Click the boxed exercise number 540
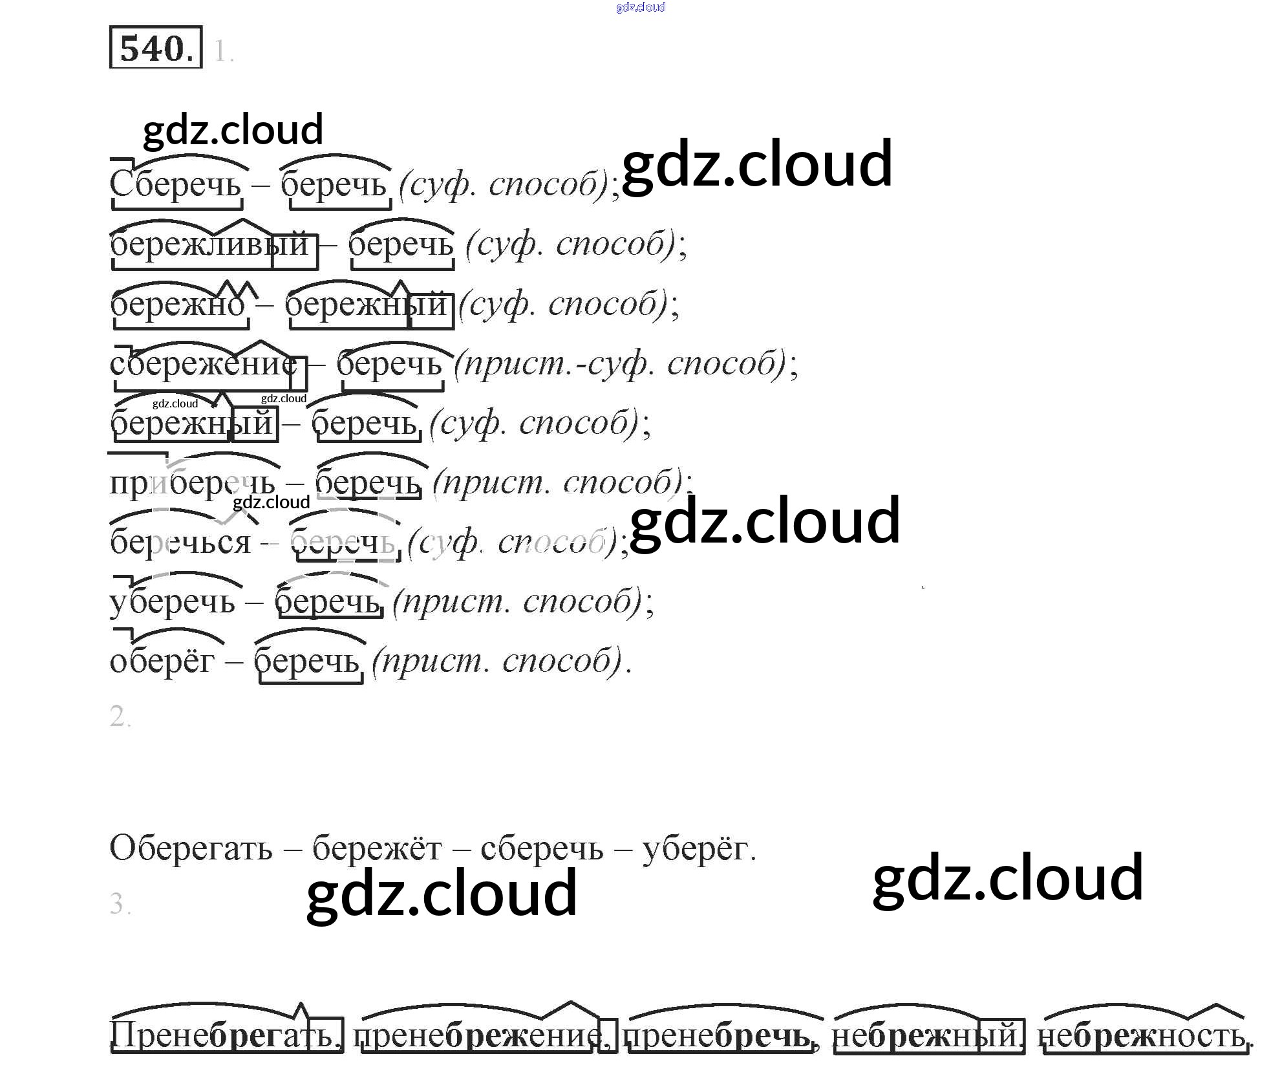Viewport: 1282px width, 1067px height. point(156,48)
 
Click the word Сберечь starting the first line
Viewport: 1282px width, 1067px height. point(175,184)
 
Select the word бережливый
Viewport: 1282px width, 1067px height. point(209,244)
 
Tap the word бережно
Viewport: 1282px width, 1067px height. point(178,305)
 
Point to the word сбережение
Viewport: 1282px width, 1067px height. point(204,364)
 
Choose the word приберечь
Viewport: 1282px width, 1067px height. point(192,483)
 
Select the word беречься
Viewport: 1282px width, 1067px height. point(180,542)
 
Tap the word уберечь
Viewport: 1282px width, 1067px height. point(173,602)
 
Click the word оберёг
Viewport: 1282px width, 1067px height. point(162,662)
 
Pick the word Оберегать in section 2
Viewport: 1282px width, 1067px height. point(191,848)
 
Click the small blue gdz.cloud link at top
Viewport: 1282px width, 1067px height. point(641,7)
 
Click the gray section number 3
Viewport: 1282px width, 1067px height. point(120,903)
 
